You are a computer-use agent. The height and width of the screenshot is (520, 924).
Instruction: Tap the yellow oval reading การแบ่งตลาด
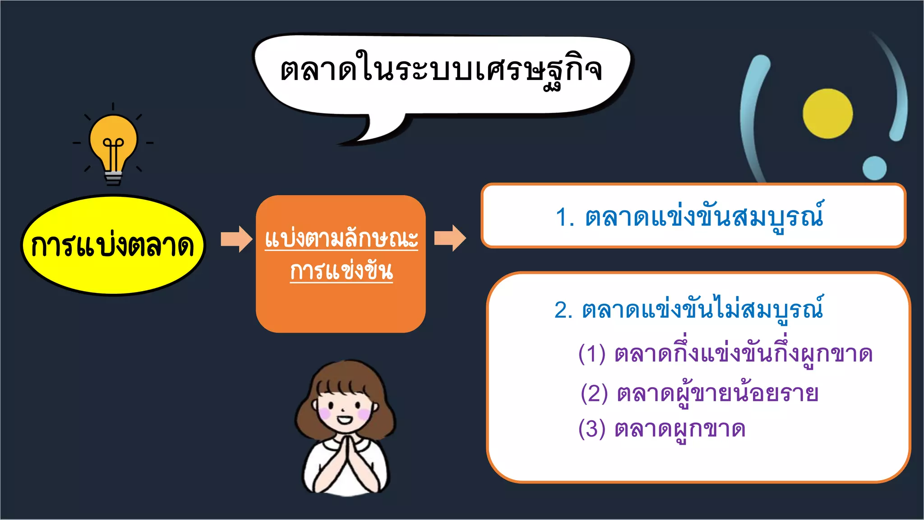click(113, 246)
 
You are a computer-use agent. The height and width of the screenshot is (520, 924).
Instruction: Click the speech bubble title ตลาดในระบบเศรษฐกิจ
click(441, 71)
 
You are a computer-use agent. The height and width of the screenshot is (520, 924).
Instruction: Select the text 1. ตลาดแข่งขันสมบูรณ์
click(689, 217)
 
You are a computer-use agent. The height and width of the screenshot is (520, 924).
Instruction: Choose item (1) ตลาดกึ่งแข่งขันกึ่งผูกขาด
click(725, 354)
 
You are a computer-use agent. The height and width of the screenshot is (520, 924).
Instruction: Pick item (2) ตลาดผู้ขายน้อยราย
click(699, 394)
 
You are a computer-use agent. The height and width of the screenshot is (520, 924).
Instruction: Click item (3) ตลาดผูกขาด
click(661, 429)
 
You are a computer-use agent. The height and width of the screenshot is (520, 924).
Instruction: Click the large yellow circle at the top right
click(827, 113)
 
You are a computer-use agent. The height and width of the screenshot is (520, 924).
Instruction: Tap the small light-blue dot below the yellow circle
click(874, 168)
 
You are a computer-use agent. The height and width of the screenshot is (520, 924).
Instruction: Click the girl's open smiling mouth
click(345, 420)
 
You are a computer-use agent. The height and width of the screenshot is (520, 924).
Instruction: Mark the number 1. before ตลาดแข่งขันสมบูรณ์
click(565, 218)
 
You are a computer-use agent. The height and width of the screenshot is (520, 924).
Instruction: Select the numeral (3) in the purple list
click(591, 429)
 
